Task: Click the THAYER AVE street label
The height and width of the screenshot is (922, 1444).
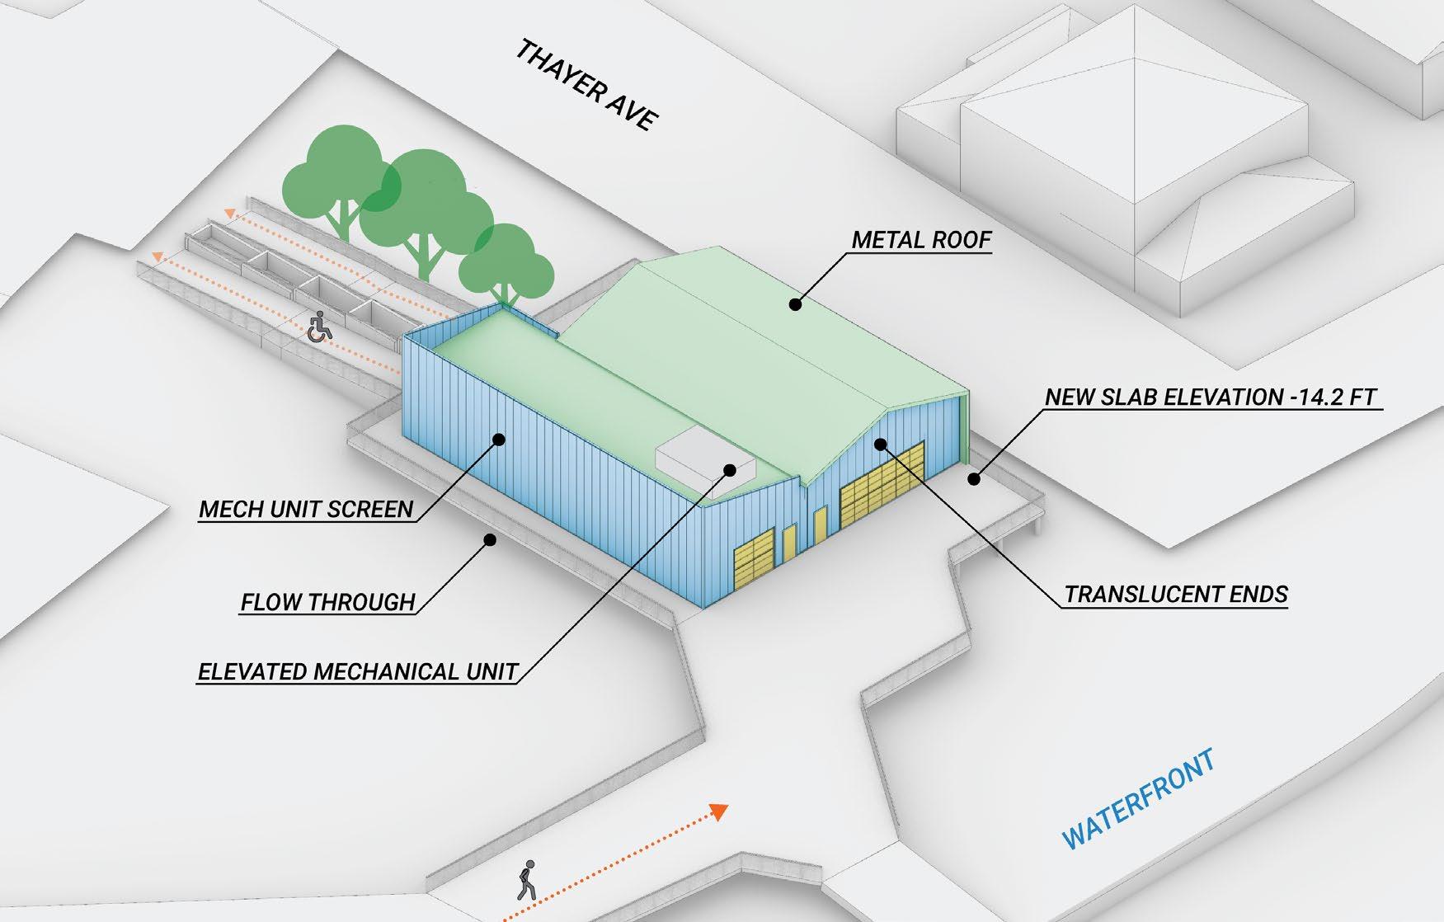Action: point(586,85)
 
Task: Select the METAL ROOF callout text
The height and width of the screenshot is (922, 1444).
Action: point(921,240)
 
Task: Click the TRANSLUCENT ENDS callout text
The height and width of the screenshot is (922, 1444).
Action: point(1175,595)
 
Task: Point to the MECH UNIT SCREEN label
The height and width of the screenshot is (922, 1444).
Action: point(306,509)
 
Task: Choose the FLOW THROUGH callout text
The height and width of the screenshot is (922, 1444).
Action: point(327,602)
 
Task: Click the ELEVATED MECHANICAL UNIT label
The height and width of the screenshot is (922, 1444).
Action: point(357,671)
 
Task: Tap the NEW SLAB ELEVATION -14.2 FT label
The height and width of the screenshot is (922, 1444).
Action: point(1211,397)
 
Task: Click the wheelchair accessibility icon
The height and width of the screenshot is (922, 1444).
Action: point(319,327)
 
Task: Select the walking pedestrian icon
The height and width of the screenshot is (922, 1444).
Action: point(525,880)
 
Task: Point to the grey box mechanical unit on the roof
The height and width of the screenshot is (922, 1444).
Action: point(705,465)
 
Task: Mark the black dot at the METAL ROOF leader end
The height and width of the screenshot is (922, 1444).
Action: point(795,304)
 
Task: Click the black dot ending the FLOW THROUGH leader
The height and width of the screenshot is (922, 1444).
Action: point(489,540)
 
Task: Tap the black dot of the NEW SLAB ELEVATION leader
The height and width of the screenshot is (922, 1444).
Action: point(974,477)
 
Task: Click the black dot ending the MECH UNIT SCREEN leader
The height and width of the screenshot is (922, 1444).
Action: point(498,440)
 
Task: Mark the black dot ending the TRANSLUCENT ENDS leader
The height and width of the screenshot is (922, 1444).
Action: point(881,445)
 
